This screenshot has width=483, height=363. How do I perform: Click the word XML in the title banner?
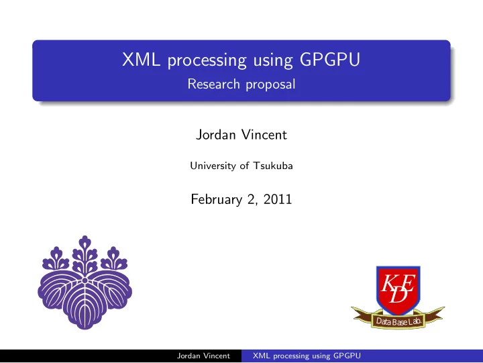[x=141, y=60]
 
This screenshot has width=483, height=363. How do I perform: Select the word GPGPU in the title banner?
[x=329, y=60]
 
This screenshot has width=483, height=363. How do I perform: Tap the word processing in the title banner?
[x=207, y=60]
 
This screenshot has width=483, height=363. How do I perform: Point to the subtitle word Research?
[x=213, y=84]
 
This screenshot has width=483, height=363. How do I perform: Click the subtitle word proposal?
[x=270, y=85]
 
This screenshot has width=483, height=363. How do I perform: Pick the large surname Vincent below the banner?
[x=264, y=135]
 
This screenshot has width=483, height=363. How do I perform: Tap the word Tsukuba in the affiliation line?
[x=273, y=166]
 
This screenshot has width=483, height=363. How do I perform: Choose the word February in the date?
[x=217, y=199]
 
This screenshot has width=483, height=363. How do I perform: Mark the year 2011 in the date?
[x=278, y=199]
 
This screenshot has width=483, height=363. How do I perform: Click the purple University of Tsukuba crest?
[x=85, y=282]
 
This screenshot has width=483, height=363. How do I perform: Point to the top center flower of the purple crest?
[x=85, y=254]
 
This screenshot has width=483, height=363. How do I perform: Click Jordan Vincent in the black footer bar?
[x=203, y=356]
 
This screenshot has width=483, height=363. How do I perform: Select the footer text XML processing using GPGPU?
[x=307, y=356]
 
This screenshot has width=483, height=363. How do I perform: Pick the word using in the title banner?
[x=273, y=61]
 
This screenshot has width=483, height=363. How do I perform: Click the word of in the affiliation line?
[x=244, y=166]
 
